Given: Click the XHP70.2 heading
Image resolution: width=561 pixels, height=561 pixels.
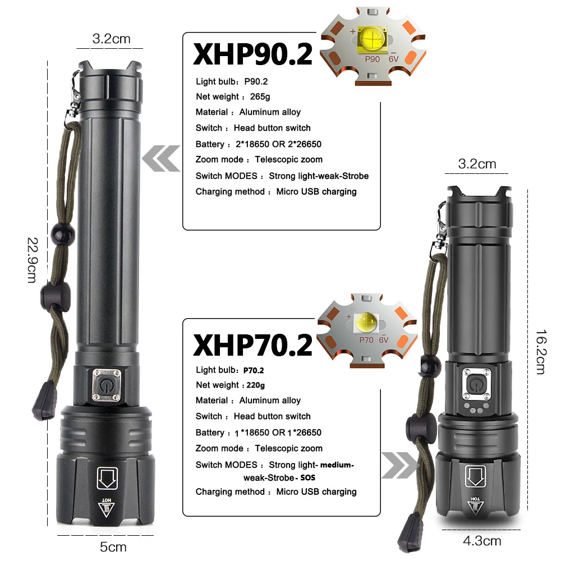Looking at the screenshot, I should coord(252,344).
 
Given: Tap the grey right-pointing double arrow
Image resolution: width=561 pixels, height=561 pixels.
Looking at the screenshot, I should coord(400,465).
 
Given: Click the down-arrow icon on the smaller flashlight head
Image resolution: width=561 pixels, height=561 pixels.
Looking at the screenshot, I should coord(476,477).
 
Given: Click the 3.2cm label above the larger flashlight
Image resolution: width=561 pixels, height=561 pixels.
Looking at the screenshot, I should coord(111,39).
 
